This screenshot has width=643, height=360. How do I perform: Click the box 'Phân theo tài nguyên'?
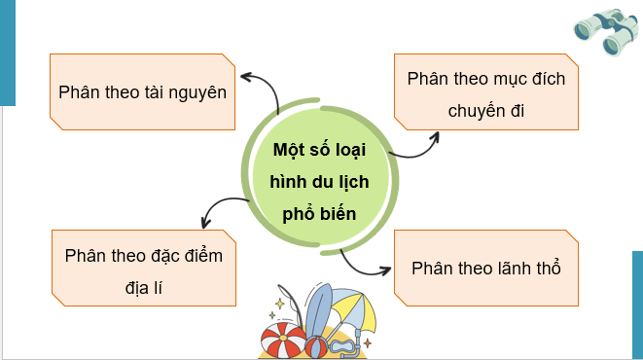click(142, 91)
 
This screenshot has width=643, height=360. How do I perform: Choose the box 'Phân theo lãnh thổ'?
click(486, 267)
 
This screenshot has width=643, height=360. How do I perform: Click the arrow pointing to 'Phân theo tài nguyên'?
click(261, 86)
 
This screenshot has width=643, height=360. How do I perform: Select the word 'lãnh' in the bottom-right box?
click(512, 267)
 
